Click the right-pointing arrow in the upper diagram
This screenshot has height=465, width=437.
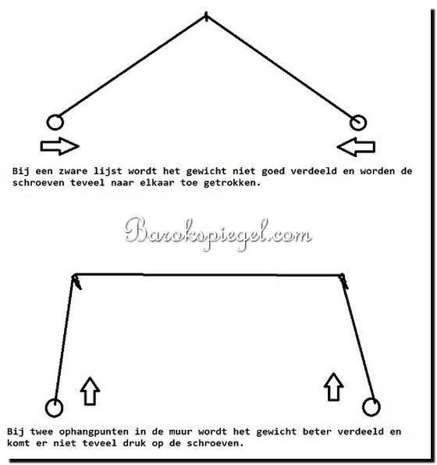click(x=59, y=146)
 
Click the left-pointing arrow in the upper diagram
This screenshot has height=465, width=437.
click(x=356, y=147)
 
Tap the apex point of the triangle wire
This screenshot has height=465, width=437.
click(x=206, y=16)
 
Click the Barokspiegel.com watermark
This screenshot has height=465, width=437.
click(x=218, y=234)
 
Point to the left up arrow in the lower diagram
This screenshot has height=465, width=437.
click(x=90, y=392)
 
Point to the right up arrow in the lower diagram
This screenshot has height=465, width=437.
click(x=334, y=387)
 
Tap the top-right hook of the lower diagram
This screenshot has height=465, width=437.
click(x=343, y=281)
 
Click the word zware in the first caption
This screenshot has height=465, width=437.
click(x=73, y=171)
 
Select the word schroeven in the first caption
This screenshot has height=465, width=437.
click(x=38, y=183)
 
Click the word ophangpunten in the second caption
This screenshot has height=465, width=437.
click(x=94, y=431)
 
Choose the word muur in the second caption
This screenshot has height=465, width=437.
click(x=180, y=431)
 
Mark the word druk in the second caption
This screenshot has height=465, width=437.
click(x=134, y=443)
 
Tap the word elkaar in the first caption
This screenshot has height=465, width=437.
click(x=157, y=183)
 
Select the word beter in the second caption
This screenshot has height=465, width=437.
click(x=317, y=431)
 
